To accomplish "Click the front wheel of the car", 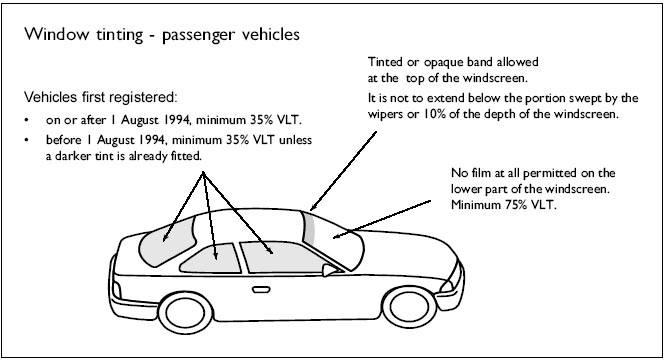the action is tap(409, 306).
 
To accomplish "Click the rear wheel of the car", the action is tap(185, 313).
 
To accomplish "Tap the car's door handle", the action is tap(261, 290).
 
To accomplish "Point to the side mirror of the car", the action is tap(329, 271).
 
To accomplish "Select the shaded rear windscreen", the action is tap(168, 243).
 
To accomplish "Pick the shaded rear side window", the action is tap(211, 258).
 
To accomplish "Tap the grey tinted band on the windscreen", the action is tap(309, 228).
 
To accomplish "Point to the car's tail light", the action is tap(117, 290).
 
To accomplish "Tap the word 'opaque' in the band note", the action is tap(438, 62).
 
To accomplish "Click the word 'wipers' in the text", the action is tap(381, 114).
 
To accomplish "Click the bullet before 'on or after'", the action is tap(27, 120).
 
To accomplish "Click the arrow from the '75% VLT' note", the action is tap(382, 219).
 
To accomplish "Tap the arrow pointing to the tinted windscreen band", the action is tap(343, 171).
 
